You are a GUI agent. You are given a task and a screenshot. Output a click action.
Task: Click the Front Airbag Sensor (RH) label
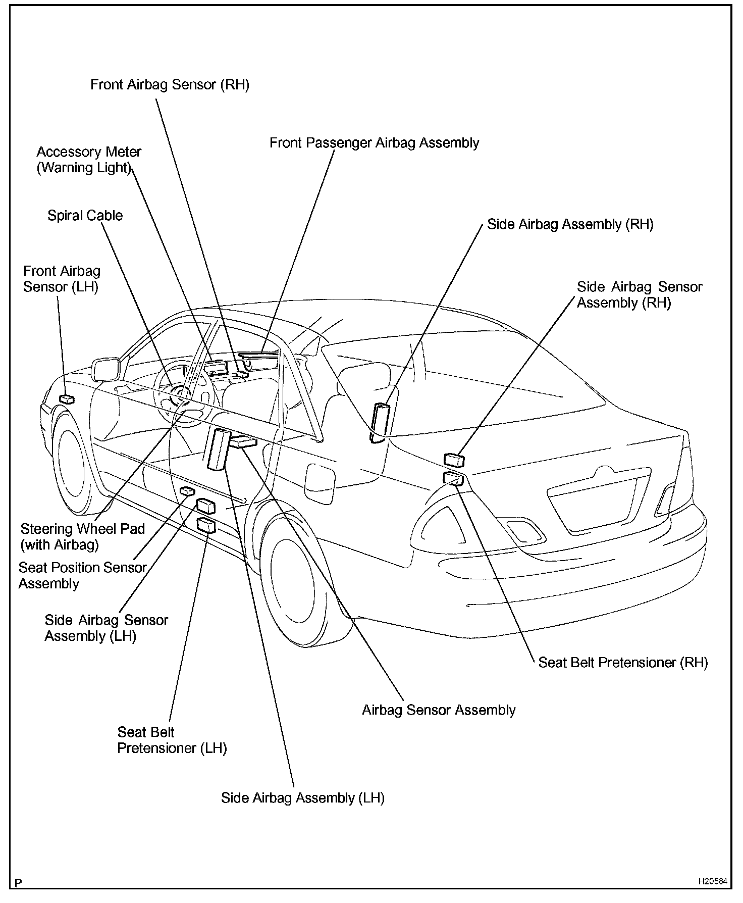(x=170, y=84)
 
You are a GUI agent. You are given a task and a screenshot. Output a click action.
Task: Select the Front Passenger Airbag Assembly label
(x=374, y=143)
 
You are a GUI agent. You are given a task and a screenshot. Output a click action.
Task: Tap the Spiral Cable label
(x=85, y=216)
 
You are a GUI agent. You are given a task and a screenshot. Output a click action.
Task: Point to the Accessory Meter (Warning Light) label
(x=89, y=160)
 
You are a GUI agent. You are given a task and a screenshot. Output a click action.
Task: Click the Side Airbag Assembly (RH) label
(x=570, y=224)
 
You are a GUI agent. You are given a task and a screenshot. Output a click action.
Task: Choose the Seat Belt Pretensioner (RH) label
(x=623, y=663)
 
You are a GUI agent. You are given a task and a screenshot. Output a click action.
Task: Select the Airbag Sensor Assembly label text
(x=439, y=710)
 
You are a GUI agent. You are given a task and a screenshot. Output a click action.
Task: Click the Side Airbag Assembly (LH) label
(x=302, y=798)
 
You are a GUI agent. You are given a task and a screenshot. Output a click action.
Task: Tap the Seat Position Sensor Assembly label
(x=82, y=575)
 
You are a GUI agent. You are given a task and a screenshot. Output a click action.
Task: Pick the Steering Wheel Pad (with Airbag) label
(x=82, y=536)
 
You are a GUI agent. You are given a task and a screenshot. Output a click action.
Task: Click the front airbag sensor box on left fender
(x=67, y=399)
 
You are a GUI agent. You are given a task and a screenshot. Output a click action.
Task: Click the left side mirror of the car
(x=105, y=369)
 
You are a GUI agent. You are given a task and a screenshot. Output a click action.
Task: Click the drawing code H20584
(x=713, y=881)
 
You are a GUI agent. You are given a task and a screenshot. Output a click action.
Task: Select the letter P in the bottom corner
(x=18, y=883)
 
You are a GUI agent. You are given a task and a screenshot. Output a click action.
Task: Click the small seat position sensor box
(x=187, y=490)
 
